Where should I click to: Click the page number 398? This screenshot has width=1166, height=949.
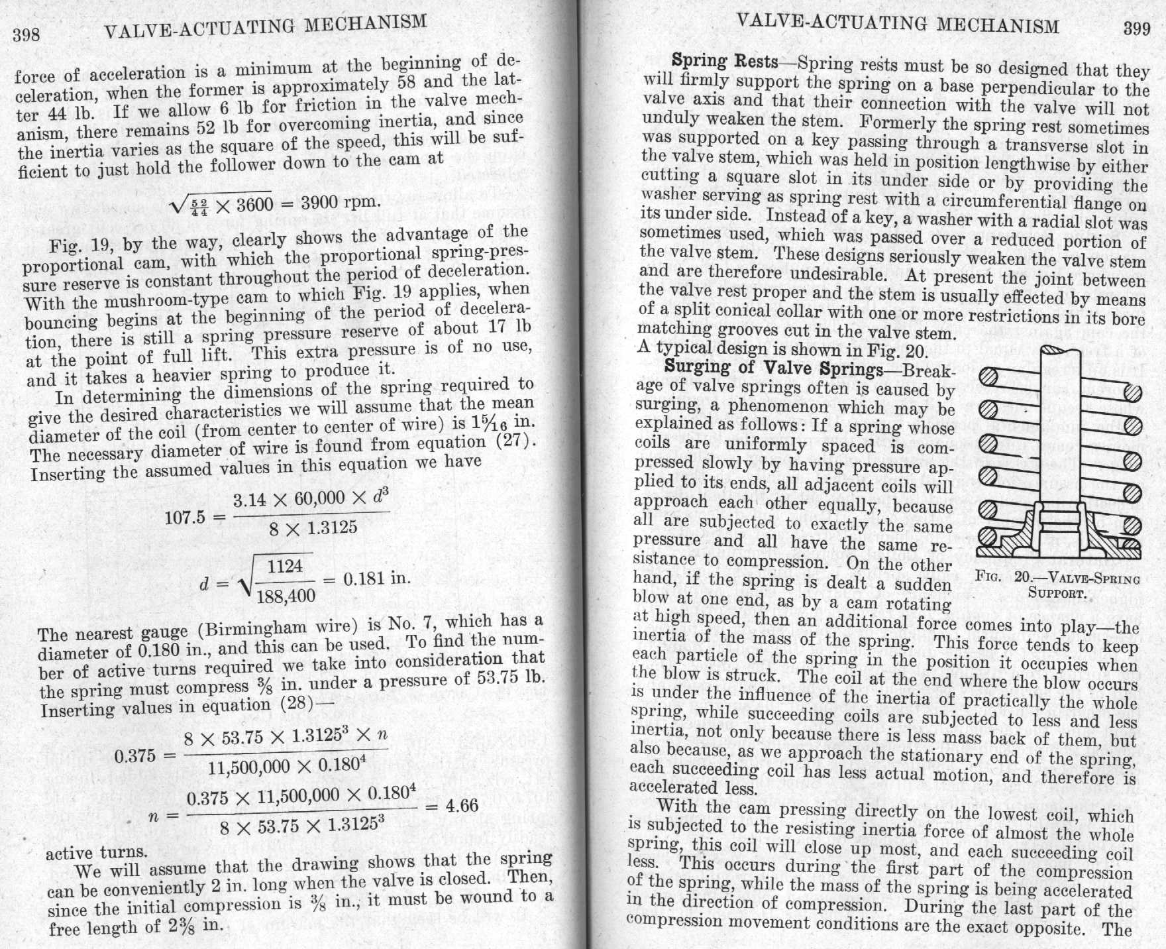pos(26,34)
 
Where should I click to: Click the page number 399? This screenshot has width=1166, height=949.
pos(1137,29)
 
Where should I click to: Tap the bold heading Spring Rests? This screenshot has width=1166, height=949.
pos(725,61)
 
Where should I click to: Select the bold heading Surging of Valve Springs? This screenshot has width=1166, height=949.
pos(773,367)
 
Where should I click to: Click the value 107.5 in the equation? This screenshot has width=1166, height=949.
pos(185,517)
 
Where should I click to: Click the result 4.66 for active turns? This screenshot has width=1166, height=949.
pos(461,806)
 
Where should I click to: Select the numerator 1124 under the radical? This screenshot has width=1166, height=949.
pos(285,567)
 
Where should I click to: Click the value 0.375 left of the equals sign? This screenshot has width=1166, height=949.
pos(134,756)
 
